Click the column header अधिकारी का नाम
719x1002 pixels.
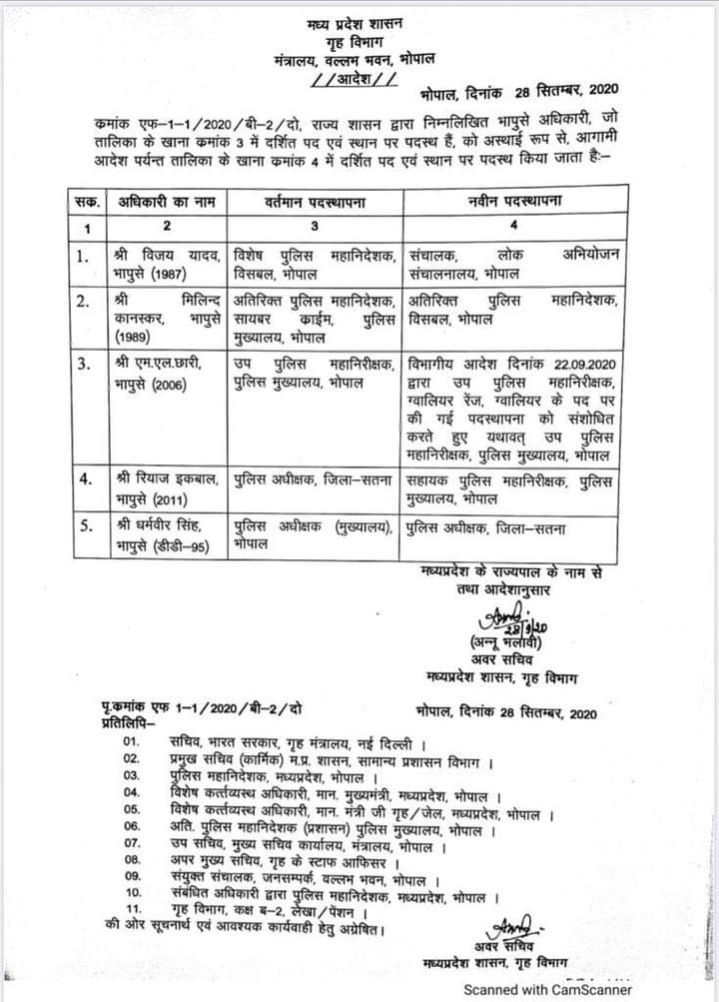[165, 202]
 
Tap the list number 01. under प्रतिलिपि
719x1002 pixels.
[131, 742]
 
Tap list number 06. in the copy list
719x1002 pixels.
[131, 825]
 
